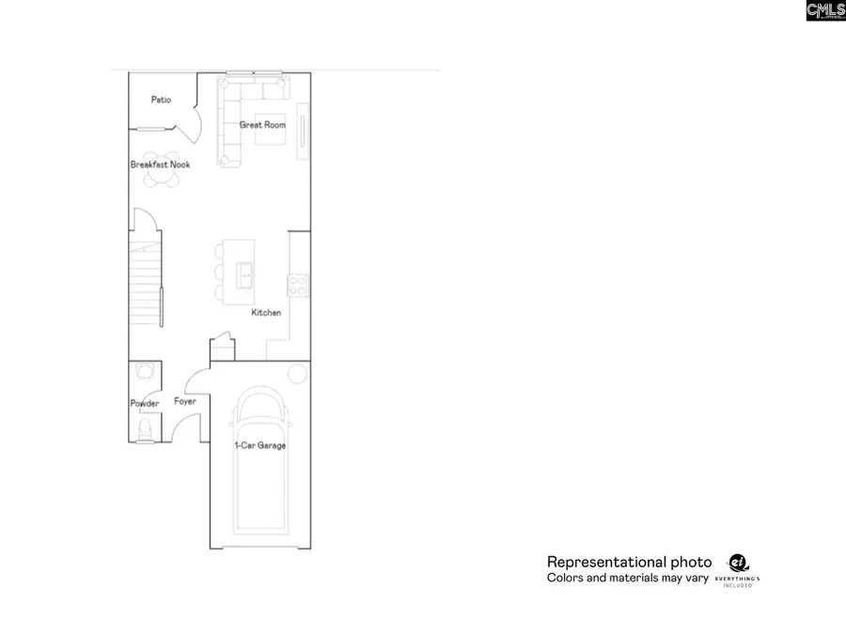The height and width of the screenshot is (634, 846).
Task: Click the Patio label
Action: pyautogui.click(x=161, y=100)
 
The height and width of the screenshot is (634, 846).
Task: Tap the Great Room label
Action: pyautogui.click(x=262, y=125)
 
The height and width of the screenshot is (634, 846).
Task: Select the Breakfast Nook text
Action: pyautogui.click(x=160, y=165)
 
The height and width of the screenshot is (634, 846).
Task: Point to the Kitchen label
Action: pyautogui.click(x=266, y=313)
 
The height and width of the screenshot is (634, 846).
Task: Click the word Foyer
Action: pyautogui.click(x=185, y=402)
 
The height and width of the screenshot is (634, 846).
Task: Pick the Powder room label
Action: pyautogui.click(x=145, y=404)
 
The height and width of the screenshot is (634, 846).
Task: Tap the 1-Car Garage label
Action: pyautogui.click(x=260, y=445)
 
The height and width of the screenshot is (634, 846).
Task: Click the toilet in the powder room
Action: pyautogui.click(x=145, y=430)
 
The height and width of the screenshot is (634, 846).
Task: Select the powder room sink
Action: pyautogui.click(x=145, y=371)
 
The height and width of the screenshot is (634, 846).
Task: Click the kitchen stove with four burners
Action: pyautogui.click(x=297, y=284)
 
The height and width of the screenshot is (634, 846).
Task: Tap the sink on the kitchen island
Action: pyautogui.click(x=244, y=274)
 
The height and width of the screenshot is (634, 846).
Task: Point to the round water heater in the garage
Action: pyautogui.click(x=297, y=374)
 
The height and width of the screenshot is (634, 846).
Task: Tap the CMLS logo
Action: pyautogui.click(x=825, y=10)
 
